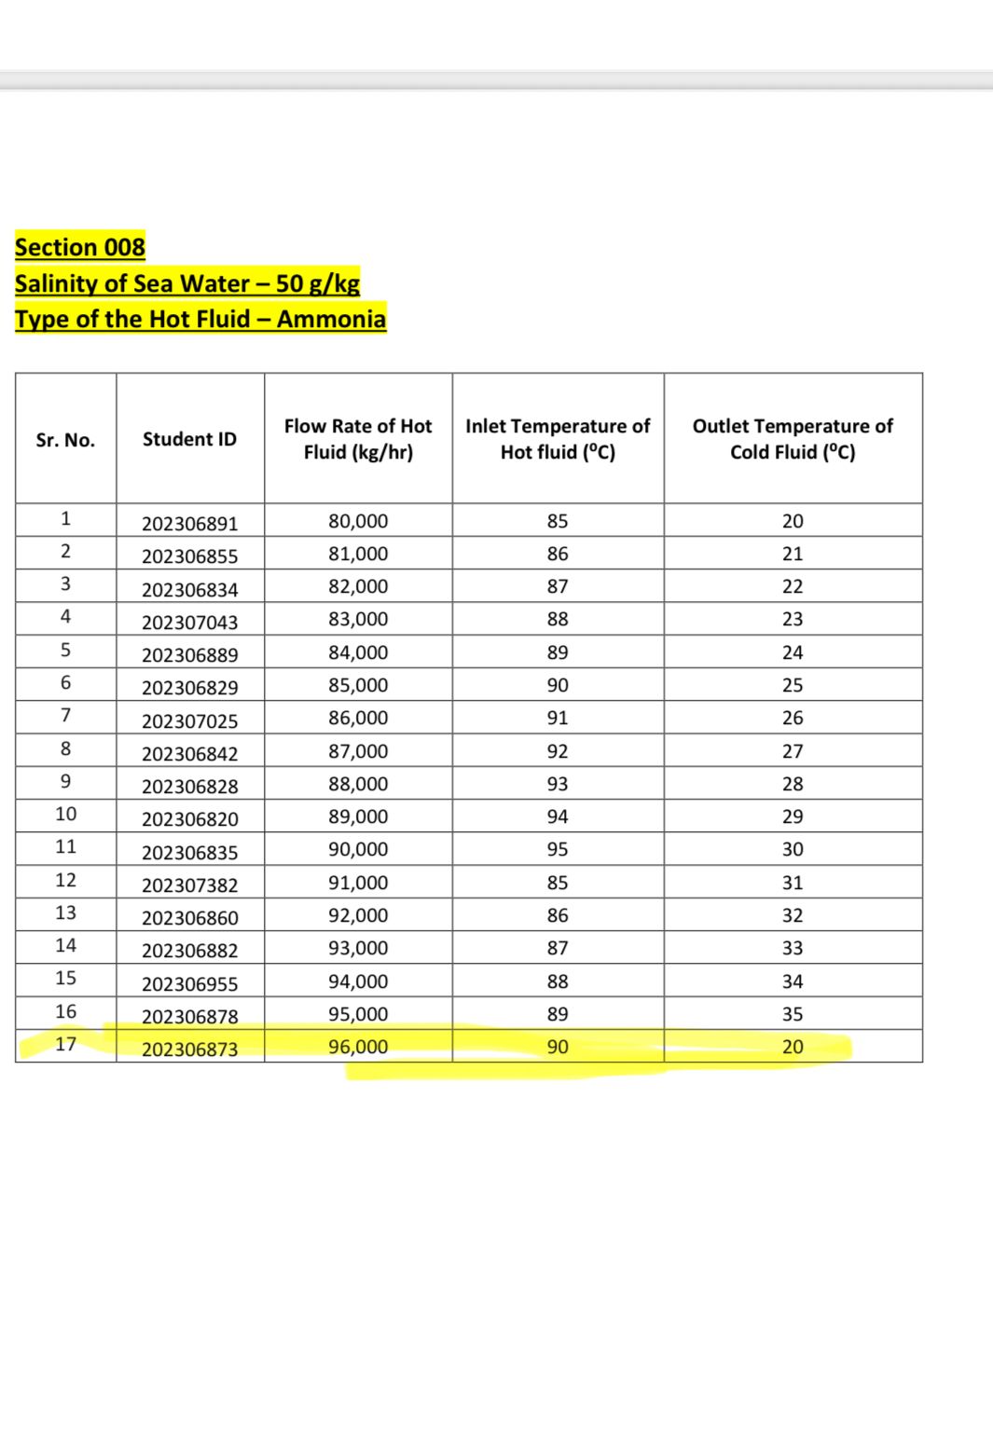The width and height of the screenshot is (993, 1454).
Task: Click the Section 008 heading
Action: coord(80,247)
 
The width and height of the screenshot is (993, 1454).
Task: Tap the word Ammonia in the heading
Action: coord(331,319)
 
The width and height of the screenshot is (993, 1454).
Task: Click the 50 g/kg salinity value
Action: coord(318,283)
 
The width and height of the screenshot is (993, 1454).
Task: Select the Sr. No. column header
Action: coord(65,440)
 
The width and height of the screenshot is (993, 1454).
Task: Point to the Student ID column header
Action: coord(189,439)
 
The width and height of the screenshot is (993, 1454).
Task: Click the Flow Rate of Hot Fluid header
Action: coord(358,439)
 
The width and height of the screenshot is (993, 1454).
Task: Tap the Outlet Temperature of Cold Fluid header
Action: coord(793,439)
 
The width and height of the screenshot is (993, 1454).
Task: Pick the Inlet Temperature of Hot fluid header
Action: coord(558,439)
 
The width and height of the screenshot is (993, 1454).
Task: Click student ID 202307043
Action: coord(189,622)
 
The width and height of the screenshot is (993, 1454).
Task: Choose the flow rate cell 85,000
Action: coord(358,685)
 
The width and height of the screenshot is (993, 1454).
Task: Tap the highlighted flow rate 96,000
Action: coord(358,1047)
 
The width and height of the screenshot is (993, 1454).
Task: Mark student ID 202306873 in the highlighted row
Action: coord(189,1049)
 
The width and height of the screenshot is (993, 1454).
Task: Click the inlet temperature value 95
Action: coord(558,849)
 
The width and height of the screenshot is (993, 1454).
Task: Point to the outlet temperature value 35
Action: coord(793,1014)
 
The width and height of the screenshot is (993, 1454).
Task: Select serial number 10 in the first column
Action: coord(65,814)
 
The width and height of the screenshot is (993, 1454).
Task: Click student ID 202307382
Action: coord(189,885)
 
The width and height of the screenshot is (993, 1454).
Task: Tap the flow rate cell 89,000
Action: coord(358,816)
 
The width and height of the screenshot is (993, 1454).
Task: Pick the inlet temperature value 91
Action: coord(558,718)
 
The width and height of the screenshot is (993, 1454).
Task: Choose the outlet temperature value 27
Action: coord(793,751)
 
